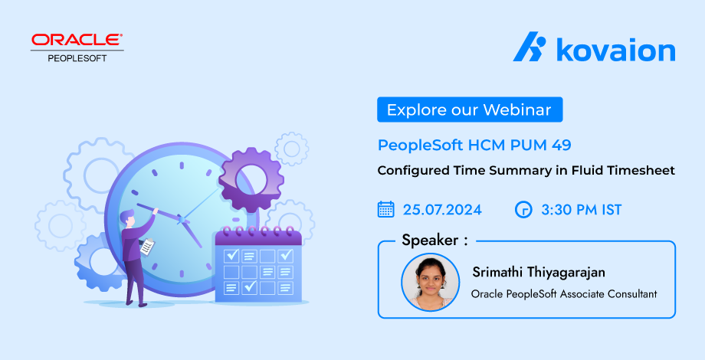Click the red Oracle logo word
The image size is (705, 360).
pyautogui.click(x=77, y=40)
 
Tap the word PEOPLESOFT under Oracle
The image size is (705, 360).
pyautogui.click(x=77, y=58)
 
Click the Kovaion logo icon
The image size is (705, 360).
pyautogui.click(x=530, y=46)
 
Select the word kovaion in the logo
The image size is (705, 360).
pyautogui.click(x=616, y=49)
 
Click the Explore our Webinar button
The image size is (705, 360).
pyautogui.click(x=470, y=110)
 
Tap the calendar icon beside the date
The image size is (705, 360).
pyautogui.click(x=385, y=209)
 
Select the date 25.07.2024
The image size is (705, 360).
pyautogui.click(x=442, y=210)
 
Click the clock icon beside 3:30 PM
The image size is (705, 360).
pyautogui.click(x=523, y=209)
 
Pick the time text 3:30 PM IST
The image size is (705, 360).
pyautogui.click(x=582, y=210)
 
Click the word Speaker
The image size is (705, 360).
pyautogui.click(x=431, y=240)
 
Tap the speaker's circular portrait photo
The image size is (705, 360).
pyautogui.click(x=431, y=282)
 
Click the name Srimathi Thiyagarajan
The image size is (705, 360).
pyautogui.click(x=539, y=273)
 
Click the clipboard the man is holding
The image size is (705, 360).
pyautogui.click(x=147, y=247)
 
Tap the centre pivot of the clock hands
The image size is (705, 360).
pyautogui.click(x=181, y=220)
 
